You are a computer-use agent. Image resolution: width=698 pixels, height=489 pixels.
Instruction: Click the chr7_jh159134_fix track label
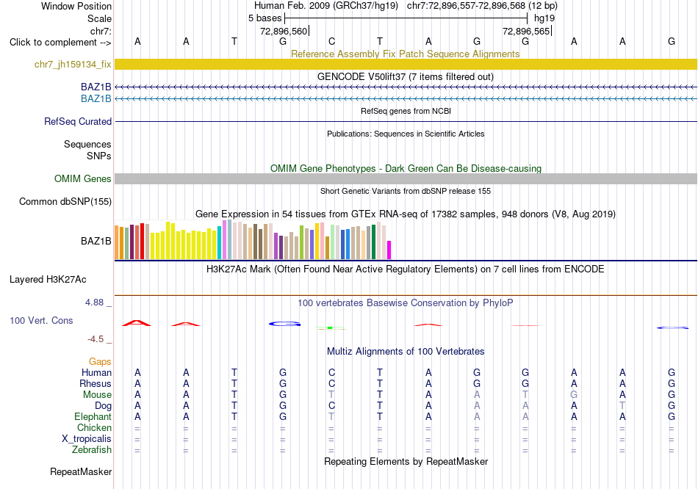tap(73, 64)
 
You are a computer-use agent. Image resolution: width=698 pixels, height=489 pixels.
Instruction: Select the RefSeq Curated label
tap(78, 121)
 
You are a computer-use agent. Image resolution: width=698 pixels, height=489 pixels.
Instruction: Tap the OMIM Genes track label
tap(83, 179)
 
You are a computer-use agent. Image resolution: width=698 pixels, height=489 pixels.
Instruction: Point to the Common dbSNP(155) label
tap(65, 202)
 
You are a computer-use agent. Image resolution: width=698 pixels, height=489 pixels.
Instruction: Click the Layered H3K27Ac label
tap(48, 280)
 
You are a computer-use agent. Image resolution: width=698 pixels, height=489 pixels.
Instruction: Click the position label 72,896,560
tap(284, 31)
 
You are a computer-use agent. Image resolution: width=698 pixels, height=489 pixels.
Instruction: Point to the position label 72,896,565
tap(526, 31)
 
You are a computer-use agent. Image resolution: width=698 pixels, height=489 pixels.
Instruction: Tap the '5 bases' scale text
tap(265, 18)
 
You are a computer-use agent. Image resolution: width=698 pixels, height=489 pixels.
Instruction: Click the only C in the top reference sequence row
tap(331, 41)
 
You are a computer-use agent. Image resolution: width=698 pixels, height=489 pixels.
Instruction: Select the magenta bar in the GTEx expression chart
tap(389, 250)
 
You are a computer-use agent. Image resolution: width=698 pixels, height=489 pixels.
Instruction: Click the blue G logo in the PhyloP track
tap(285, 324)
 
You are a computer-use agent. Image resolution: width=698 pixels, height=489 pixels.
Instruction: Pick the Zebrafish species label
tap(92, 450)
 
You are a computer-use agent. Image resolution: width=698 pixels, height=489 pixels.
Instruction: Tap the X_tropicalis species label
tap(87, 439)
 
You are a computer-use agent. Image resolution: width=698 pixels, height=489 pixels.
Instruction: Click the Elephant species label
tap(93, 417)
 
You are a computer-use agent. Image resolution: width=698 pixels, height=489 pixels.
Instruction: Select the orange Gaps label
tap(100, 362)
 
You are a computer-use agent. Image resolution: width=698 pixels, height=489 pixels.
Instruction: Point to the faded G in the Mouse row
tap(574, 395)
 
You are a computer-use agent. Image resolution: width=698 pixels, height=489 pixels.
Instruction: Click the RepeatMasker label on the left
tap(81, 471)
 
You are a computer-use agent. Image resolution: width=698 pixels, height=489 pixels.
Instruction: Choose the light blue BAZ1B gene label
tap(96, 99)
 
